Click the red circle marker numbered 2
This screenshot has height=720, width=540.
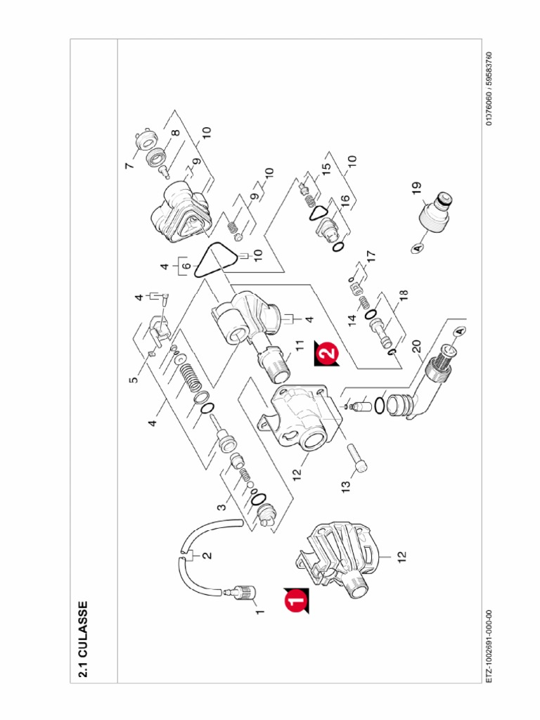click(326, 352)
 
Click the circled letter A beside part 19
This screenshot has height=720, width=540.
click(416, 248)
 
